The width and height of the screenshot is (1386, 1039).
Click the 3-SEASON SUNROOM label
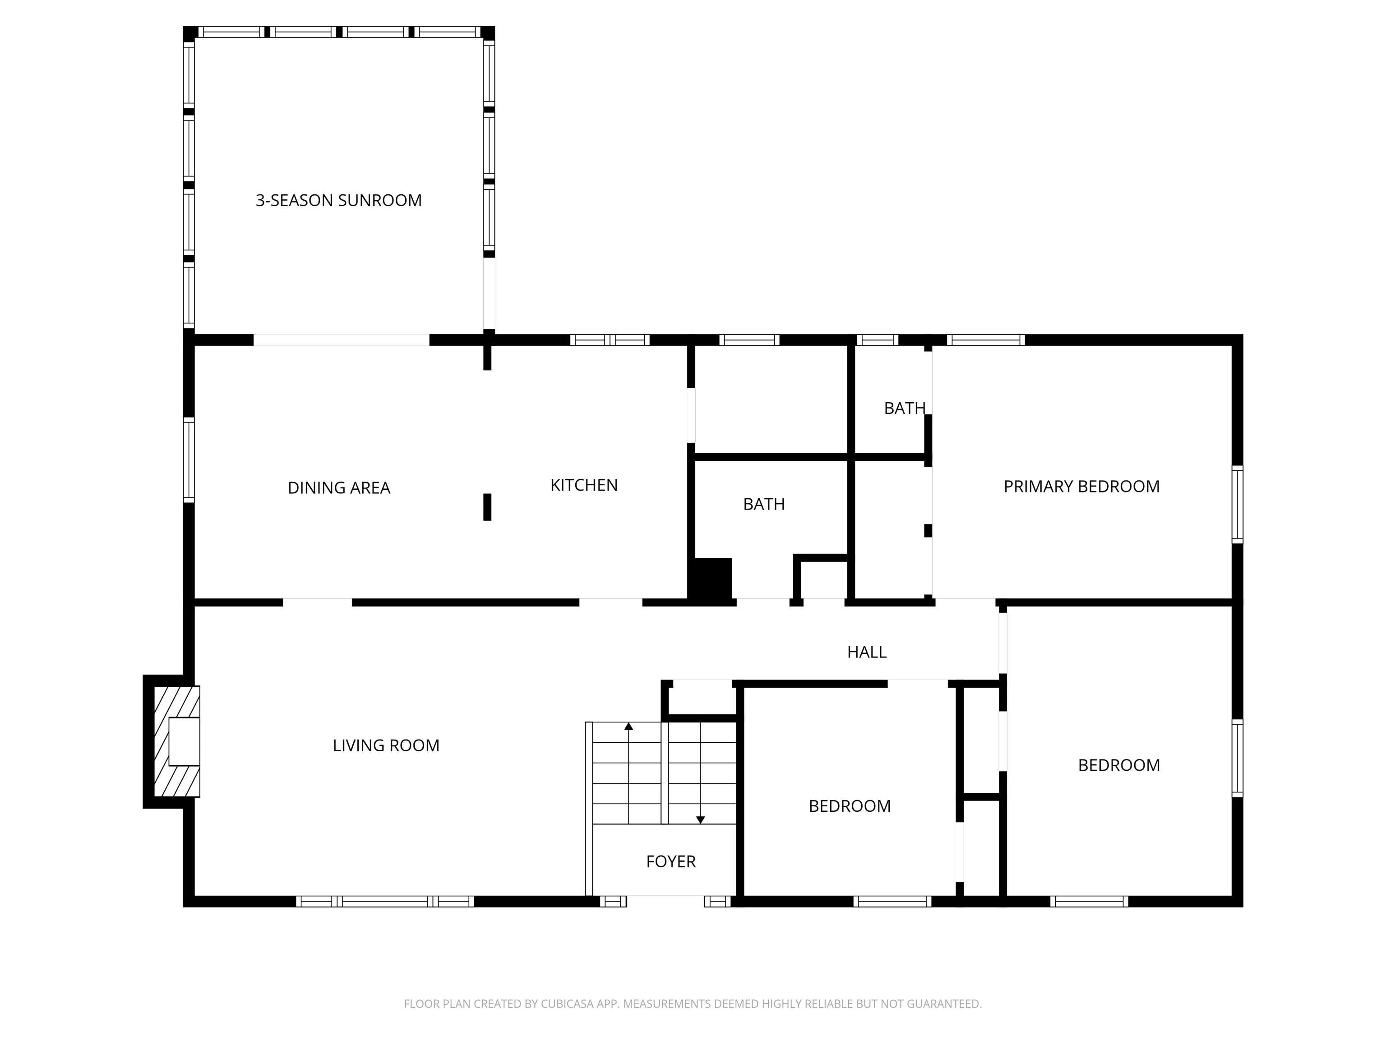coord(338,200)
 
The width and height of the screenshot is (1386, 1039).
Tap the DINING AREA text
coord(338,488)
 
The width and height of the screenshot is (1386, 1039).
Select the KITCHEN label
coord(583,485)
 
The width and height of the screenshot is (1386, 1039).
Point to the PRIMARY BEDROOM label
coord(1081,487)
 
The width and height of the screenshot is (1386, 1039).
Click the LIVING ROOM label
coord(386,745)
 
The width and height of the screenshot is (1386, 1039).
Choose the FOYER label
coord(670,861)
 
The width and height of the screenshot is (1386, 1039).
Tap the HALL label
coord(867,652)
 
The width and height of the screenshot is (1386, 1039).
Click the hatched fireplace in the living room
coord(176,741)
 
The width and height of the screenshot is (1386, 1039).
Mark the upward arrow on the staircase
coord(628,726)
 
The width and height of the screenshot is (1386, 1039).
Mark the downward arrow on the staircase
coord(701,820)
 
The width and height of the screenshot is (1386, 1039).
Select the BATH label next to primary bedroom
coord(904,408)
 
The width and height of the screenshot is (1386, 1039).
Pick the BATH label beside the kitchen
coord(764,504)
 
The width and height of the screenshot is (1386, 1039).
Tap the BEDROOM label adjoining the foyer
coord(850,806)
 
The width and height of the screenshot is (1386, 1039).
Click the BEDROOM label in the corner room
coord(1118,765)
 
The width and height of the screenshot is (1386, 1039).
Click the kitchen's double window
coord(610,340)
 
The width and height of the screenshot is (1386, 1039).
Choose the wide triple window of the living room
coord(385,901)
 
